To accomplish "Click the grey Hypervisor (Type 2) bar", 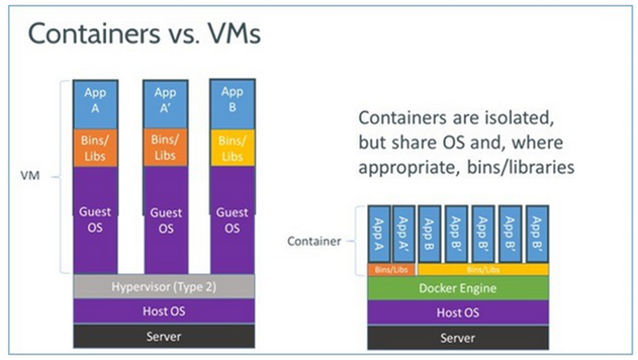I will point(164,286).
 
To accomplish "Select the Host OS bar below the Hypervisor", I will point(164,311).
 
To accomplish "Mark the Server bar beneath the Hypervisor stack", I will point(164,336).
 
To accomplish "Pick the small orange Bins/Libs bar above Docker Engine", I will point(390,268).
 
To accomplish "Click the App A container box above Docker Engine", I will point(378,235).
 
